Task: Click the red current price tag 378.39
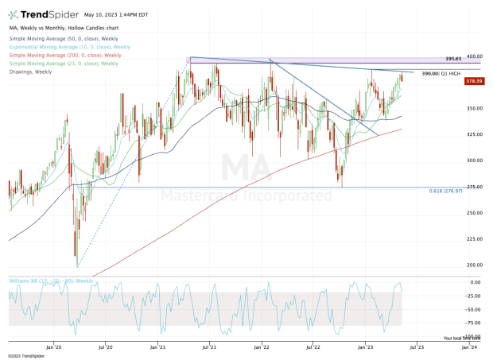point(474,80)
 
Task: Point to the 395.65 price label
point(453,58)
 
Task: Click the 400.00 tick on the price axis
point(476,56)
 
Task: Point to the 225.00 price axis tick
point(476,238)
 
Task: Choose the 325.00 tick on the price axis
point(476,134)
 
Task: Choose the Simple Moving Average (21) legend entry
point(64,63)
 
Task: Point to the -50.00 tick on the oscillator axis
point(476,309)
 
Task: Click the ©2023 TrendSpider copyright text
point(24,356)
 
